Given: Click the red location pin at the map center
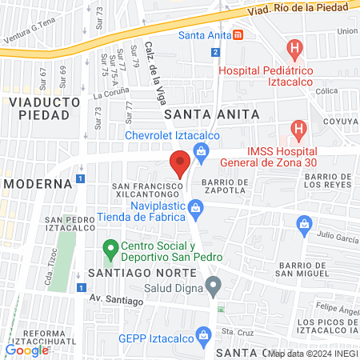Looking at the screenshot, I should coord(180,163).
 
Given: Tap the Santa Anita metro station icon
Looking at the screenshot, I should coord(238,35).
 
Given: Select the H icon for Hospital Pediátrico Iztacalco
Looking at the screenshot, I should coord(295,48).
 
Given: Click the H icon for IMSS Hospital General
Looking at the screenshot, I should coord(298,128).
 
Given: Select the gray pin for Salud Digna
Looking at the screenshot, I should coord(212,285).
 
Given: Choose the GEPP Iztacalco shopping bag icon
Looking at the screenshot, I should coord(203,334).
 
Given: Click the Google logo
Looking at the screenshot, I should coord(26,350).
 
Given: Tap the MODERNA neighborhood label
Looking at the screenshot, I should coord(37,183).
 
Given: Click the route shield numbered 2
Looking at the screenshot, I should coord(215,52).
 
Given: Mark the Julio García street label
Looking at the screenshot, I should coord(337,235).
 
